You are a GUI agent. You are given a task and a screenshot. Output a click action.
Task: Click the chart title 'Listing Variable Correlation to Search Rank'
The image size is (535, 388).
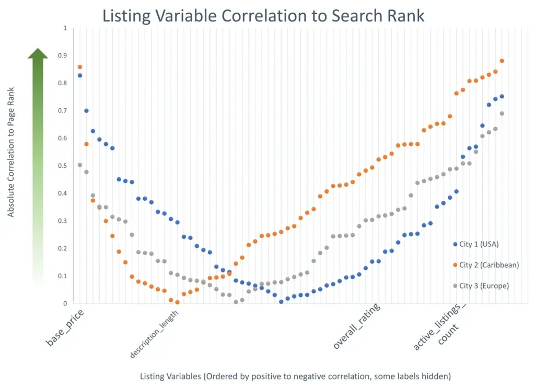[263, 16]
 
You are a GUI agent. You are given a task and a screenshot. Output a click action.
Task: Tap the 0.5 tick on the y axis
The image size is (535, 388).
[63, 166]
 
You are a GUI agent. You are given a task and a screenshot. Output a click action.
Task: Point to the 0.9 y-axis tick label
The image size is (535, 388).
[63, 55]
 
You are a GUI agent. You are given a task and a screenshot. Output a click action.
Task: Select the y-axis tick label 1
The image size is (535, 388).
[65, 28]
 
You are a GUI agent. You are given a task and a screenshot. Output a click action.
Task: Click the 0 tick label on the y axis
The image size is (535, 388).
[65, 303]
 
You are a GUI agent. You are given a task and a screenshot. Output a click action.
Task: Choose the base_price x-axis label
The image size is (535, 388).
[64, 327]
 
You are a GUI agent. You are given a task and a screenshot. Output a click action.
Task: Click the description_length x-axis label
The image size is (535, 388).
[154, 334]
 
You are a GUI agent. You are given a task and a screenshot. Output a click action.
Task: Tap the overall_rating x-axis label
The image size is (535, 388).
[356, 326]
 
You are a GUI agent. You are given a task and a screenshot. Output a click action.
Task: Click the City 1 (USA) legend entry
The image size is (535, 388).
[476, 244]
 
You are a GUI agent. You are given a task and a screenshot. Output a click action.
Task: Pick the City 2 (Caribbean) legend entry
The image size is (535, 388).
[486, 265]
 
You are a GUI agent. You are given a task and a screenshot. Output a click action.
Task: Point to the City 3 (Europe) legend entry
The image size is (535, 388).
[481, 286]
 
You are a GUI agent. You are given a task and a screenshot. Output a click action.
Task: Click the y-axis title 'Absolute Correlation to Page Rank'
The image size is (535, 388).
[11, 152]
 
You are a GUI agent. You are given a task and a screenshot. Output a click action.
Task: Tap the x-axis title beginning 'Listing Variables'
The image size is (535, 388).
[296, 376]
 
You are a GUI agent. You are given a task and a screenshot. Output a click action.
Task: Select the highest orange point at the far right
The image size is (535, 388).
[502, 61]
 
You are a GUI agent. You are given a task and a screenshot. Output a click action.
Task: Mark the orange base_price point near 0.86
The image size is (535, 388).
[80, 67]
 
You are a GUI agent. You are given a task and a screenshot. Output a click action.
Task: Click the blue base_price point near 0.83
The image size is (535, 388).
[80, 75]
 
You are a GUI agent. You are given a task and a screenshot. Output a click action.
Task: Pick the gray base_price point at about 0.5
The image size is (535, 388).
[80, 165]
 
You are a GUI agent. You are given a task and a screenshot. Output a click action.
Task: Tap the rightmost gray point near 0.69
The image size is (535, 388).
[502, 113]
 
